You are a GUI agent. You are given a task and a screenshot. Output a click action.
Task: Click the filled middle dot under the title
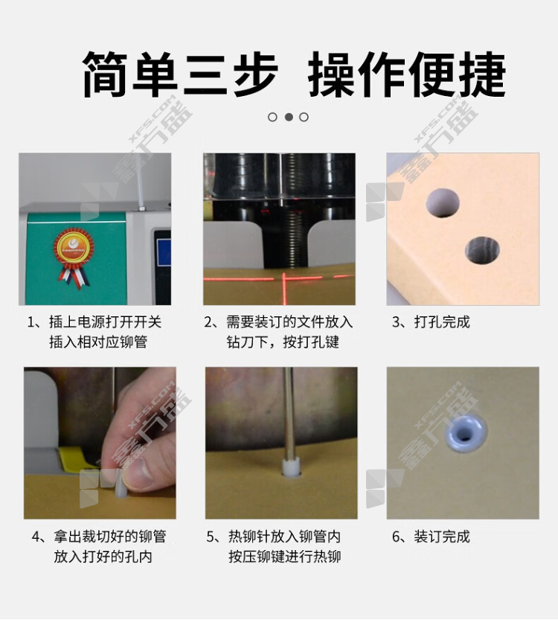[x=289, y=117]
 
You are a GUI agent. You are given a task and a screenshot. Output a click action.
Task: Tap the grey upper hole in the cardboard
[x=443, y=202]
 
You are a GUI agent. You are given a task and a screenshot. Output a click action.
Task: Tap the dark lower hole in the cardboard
[x=481, y=250]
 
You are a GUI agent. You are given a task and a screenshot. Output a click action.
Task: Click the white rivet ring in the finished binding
[x=466, y=433]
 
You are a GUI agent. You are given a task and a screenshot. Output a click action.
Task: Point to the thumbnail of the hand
[x=100, y=443]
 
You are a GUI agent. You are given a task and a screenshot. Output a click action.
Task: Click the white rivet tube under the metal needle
[x=291, y=466]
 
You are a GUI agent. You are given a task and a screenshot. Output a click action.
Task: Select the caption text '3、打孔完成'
[x=431, y=322]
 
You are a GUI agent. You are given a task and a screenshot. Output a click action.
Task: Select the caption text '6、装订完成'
[x=431, y=537]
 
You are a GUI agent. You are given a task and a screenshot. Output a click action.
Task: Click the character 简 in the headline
[x=105, y=74]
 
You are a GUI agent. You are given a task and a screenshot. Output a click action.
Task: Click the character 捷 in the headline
[x=482, y=74]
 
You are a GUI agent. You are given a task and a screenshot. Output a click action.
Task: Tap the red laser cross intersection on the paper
[x=283, y=279]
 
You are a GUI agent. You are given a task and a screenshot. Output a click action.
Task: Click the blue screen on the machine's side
[x=164, y=252]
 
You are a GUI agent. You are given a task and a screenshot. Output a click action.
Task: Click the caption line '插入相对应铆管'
[x=98, y=342]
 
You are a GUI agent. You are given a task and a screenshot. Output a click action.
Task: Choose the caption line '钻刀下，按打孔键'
[x=283, y=342]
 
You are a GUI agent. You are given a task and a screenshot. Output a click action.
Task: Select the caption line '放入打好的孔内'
[x=103, y=557]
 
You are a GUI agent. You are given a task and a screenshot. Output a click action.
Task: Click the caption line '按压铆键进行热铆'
[x=284, y=557]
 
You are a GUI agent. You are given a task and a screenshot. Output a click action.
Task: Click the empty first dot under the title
[x=272, y=117]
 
